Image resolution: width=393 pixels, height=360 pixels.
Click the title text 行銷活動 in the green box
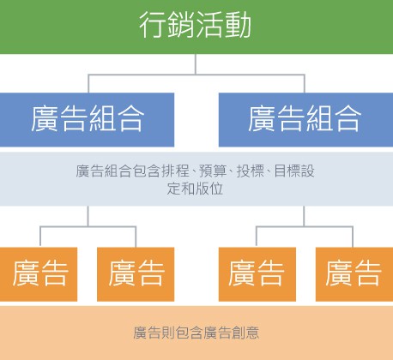pyautogui.click(x=196, y=25)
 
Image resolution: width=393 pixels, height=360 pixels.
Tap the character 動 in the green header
pyautogui.click(x=238, y=25)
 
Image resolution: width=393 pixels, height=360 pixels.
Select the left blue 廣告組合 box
pyautogui.click(x=87, y=120)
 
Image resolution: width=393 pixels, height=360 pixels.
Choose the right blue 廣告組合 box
pyautogui.click(x=305, y=120)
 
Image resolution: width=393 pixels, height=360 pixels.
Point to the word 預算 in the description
pyautogui.click(x=213, y=171)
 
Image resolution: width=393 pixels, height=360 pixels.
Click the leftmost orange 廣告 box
pyautogui.click(x=39, y=274)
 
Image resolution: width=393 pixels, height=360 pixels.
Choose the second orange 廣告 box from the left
pyautogui.click(x=136, y=274)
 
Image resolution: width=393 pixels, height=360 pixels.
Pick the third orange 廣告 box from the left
pyautogui.click(x=257, y=274)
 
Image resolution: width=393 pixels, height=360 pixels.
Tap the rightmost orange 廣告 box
pyautogui.click(x=354, y=274)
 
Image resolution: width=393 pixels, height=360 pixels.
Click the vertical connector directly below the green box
pyautogui.click(x=196, y=64)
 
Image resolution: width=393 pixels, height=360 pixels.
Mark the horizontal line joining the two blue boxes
pyautogui.click(x=196, y=75)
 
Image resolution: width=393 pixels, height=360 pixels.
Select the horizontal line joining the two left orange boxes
pyautogui.click(x=88, y=227)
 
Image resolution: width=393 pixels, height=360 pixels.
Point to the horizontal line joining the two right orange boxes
pyautogui.click(x=305, y=227)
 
